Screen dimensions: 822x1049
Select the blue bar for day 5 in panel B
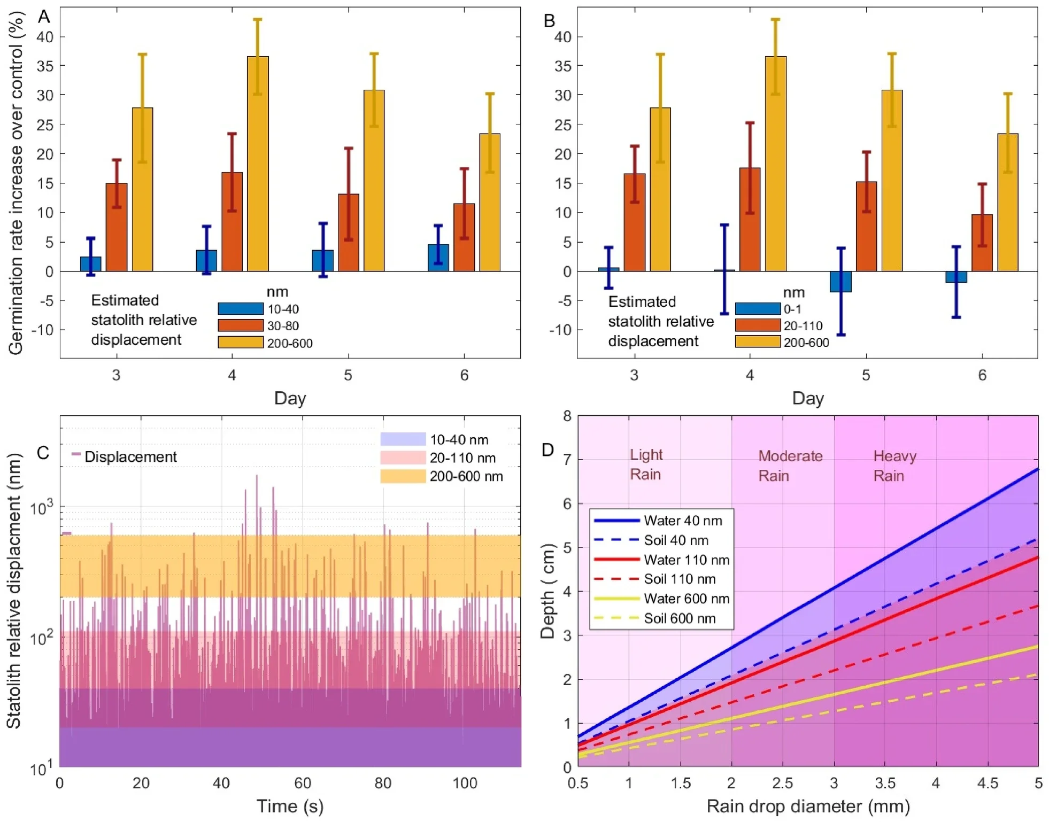(x=840, y=282)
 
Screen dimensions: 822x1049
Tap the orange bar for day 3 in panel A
(x=117, y=227)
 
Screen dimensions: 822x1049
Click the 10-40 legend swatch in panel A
(x=241, y=309)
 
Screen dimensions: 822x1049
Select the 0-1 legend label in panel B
(x=792, y=309)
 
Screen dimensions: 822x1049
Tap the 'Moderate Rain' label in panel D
(x=790, y=466)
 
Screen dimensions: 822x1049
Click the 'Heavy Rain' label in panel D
(x=894, y=466)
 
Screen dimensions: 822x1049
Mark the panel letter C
(x=43, y=453)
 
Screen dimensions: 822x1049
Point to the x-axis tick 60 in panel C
(x=303, y=783)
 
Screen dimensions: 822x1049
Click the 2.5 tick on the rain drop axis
(x=782, y=783)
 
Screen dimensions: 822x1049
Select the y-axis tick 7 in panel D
(x=567, y=460)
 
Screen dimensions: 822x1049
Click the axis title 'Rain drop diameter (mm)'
(x=808, y=806)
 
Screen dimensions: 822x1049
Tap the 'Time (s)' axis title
(x=290, y=806)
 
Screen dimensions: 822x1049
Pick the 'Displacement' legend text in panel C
(x=130, y=457)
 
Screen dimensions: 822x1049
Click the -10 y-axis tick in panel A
(x=43, y=330)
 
